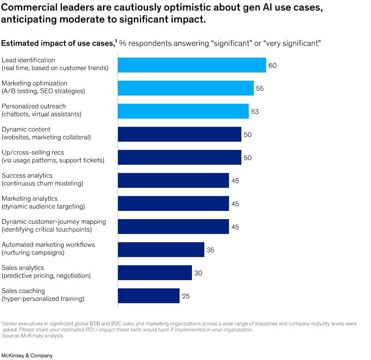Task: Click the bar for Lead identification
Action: (x=192, y=65)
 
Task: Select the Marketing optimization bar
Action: (x=185, y=88)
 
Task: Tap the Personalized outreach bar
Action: (x=183, y=111)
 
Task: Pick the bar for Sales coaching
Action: (x=149, y=296)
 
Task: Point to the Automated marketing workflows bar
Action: (x=161, y=250)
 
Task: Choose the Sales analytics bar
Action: (x=155, y=273)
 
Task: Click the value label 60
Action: (x=272, y=66)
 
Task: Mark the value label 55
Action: (x=260, y=89)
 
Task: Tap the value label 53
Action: (x=255, y=112)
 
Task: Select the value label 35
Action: (x=210, y=250)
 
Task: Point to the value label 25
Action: (x=185, y=296)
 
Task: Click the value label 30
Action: (x=198, y=273)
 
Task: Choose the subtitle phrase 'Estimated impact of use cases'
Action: (x=58, y=43)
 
